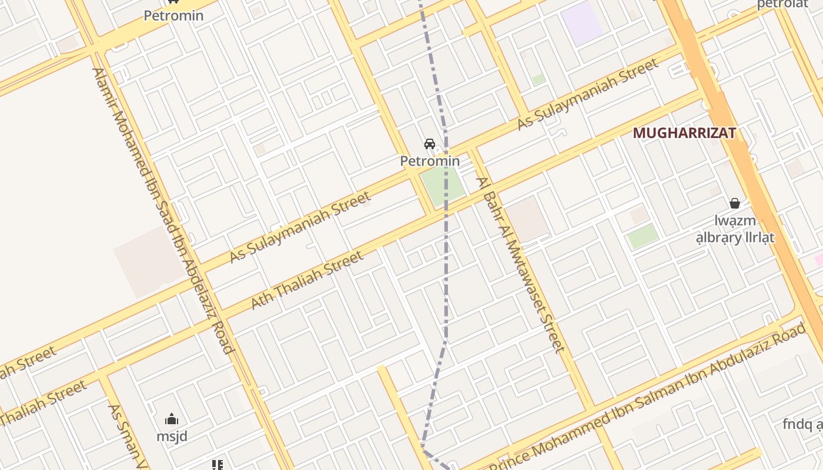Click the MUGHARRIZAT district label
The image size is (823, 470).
pyautogui.click(x=684, y=133)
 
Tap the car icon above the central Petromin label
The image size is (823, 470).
pyautogui.click(x=430, y=144)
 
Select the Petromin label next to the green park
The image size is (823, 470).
pyautogui.click(x=430, y=160)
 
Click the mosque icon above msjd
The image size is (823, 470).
pyautogui.click(x=172, y=419)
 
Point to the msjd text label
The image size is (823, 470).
pyautogui.click(x=172, y=437)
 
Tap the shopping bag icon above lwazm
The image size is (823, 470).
pyautogui.click(x=734, y=203)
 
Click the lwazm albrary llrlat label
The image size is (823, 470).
pyautogui.click(x=735, y=230)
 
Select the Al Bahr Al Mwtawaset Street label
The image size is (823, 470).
pyautogui.click(x=521, y=264)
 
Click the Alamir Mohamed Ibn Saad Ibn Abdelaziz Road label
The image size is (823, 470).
pyautogui.click(x=162, y=210)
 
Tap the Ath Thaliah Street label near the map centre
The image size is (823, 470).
pyautogui.click(x=307, y=280)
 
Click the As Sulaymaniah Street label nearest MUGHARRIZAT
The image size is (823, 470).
pyautogui.click(x=588, y=94)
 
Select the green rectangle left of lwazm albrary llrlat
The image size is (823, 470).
pyautogui.click(x=643, y=236)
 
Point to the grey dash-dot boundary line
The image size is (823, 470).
pyautogui.click(x=446, y=264)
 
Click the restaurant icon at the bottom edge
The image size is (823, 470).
pyautogui.click(x=218, y=465)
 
